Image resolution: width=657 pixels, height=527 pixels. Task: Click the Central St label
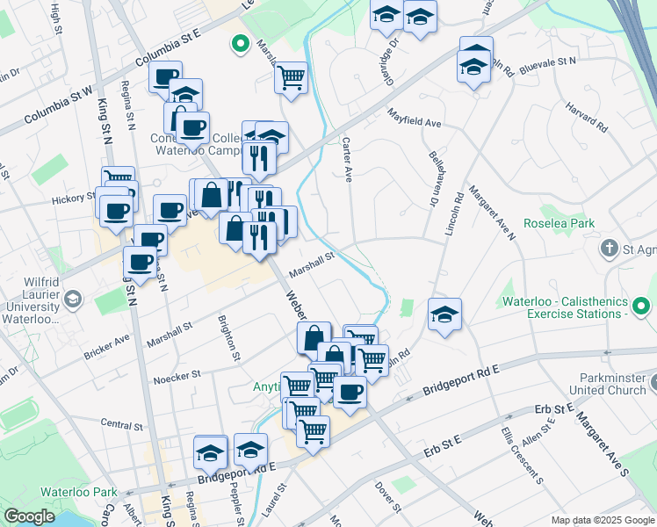coord(121,425)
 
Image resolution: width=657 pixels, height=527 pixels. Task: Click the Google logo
coord(30,516)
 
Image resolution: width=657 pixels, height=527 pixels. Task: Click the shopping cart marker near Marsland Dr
coord(291,76)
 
